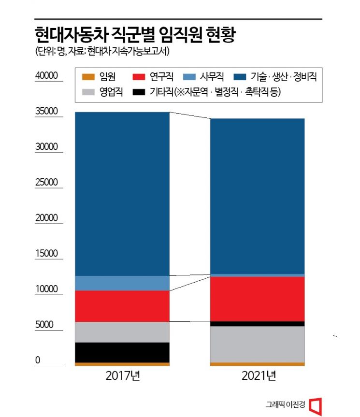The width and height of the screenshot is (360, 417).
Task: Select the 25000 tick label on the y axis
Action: tap(46, 183)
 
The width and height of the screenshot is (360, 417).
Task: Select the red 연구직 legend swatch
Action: tap(139, 77)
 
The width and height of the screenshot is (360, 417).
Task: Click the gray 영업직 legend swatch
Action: tap(88, 92)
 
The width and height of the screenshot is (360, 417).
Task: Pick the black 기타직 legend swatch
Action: tap(139, 92)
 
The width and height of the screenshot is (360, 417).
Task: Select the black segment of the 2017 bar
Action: tap(122, 352)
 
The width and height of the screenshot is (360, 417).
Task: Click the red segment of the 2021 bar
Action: tap(257, 299)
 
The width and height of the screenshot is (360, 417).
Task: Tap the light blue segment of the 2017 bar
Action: tap(122, 283)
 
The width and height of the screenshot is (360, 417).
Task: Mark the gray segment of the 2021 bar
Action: tap(257, 344)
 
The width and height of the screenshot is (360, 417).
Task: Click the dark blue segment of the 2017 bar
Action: tap(122, 193)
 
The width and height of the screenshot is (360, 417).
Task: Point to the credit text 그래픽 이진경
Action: tap(285, 405)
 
